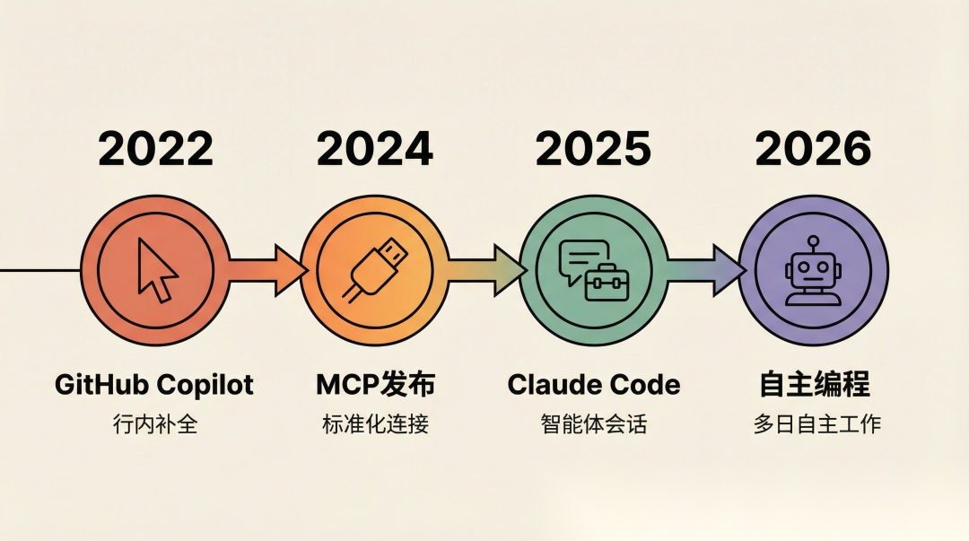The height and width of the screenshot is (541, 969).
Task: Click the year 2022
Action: [156, 149]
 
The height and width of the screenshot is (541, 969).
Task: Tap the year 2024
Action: [374, 149]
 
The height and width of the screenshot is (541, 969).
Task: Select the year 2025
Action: [593, 149]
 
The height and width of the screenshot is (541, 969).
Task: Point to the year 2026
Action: [813, 149]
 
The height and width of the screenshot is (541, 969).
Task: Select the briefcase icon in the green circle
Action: [607, 283]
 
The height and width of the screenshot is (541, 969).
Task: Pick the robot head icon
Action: [813, 271]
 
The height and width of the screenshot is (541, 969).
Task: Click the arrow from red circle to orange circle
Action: [267, 270]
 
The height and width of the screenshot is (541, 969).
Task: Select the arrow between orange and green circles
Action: [486, 270]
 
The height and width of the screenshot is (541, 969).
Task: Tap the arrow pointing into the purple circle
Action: [706, 270]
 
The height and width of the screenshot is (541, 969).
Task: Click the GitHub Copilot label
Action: [154, 385]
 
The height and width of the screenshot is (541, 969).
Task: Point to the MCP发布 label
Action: [375, 385]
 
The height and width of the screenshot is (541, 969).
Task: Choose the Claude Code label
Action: [594, 385]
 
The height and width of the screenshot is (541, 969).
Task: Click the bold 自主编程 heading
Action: [814, 384]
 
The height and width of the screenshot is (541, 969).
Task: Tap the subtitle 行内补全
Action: [155, 424]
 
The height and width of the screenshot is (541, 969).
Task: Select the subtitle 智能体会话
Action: [594, 424]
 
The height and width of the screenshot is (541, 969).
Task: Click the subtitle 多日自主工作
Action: [816, 424]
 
